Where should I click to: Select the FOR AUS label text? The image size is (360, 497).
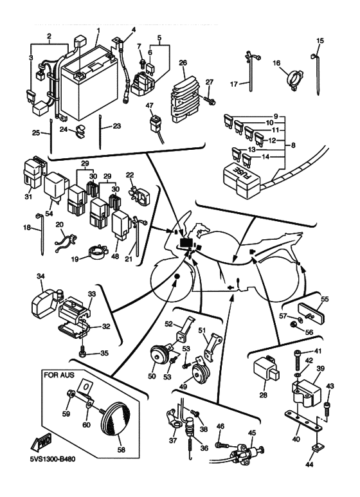point(59,375)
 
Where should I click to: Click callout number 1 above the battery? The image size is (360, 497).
point(98,30)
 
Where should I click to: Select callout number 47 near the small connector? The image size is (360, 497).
point(150,105)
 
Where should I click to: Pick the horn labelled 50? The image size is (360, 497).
point(159,355)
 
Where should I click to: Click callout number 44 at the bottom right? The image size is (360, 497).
point(310,465)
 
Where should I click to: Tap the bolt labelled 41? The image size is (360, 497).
point(297,360)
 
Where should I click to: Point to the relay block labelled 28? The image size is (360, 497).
point(265,368)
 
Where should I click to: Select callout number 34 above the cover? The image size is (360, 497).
point(40,276)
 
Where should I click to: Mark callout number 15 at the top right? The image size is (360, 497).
point(320,41)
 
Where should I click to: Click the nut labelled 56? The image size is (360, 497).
point(294,324)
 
